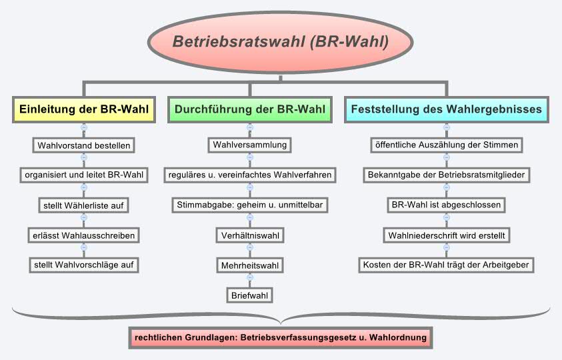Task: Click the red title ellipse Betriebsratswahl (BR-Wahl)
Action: pyautogui.click(x=281, y=41)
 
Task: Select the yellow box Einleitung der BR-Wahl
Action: pyautogui.click(x=83, y=109)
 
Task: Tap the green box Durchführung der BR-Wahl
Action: pyautogui.click(x=249, y=109)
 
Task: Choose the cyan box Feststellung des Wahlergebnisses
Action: pyautogui.click(x=446, y=109)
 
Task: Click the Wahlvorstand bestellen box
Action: pyautogui.click(x=83, y=145)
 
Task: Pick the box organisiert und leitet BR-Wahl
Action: pyautogui.click(x=83, y=175)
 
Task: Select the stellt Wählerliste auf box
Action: pyautogui.click(x=83, y=205)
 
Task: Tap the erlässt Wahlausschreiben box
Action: pyautogui.click(x=83, y=235)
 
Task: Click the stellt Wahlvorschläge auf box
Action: pyautogui.click(x=83, y=265)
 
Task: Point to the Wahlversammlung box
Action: pyautogui.click(x=249, y=145)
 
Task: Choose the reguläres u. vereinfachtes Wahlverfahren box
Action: pyautogui.click(x=249, y=175)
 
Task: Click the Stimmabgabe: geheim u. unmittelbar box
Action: pyautogui.click(x=249, y=205)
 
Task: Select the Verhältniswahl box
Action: pyautogui.click(x=249, y=235)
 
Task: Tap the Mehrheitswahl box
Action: pyautogui.click(x=249, y=265)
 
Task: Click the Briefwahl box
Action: pyautogui.click(x=249, y=295)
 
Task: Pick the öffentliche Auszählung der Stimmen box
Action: pyautogui.click(x=446, y=145)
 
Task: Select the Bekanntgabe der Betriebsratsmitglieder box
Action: pyautogui.click(x=446, y=175)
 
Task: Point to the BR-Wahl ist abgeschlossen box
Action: pyautogui.click(x=446, y=205)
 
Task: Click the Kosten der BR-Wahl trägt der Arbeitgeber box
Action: pyautogui.click(x=446, y=265)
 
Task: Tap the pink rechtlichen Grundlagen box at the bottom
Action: pyautogui.click(x=280, y=338)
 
